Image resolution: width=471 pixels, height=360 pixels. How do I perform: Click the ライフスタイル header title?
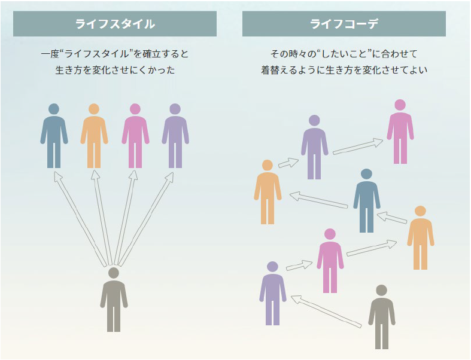tap(114, 24)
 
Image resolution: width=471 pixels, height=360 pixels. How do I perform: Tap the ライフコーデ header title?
tap(344, 24)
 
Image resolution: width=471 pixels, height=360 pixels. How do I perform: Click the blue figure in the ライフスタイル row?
tap(54, 135)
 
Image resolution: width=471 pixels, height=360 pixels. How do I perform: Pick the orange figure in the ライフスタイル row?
tap(94, 135)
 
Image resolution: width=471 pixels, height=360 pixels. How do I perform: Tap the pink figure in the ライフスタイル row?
tap(135, 135)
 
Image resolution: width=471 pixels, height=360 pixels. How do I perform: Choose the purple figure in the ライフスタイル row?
tap(175, 135)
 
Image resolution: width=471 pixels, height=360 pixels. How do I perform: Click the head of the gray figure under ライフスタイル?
tap(114, 273)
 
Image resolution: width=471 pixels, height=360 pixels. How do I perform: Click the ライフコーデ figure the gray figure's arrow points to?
tap(272, 293)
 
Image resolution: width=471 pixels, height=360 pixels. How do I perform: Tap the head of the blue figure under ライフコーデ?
tap(366, 174)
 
